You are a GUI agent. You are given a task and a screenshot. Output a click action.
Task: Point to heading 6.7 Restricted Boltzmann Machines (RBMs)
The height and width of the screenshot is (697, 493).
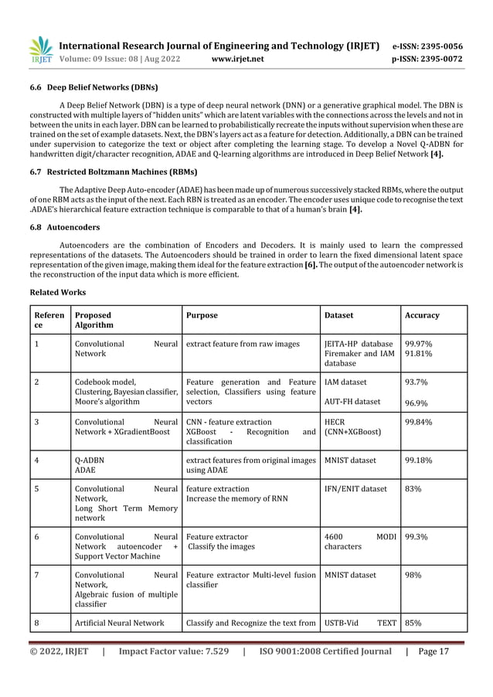pyautogui.click(x=113, y=172)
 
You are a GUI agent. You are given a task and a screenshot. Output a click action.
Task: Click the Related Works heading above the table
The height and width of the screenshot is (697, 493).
pyautogui.click(x=59, y=294)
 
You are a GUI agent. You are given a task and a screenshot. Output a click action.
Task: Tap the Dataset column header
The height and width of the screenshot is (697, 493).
pyautogui.click(x=339, y=315)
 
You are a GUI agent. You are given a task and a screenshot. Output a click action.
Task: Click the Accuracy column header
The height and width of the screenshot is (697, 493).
pyautogui.click(x=422, y=315)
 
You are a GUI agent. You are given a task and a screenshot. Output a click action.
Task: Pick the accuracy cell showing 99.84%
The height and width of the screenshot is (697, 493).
pyautogui.click(x=418, y=423)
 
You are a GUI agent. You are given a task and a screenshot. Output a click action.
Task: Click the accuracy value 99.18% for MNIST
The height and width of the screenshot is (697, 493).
pyautogui.click(x=418, y=461)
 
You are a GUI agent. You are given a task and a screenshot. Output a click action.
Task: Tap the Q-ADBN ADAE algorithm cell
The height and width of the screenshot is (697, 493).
pyautogui.click(x=86, y=465)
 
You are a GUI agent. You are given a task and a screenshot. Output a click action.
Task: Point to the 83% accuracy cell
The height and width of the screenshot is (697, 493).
pyautogui.click(x=413, y=489)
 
